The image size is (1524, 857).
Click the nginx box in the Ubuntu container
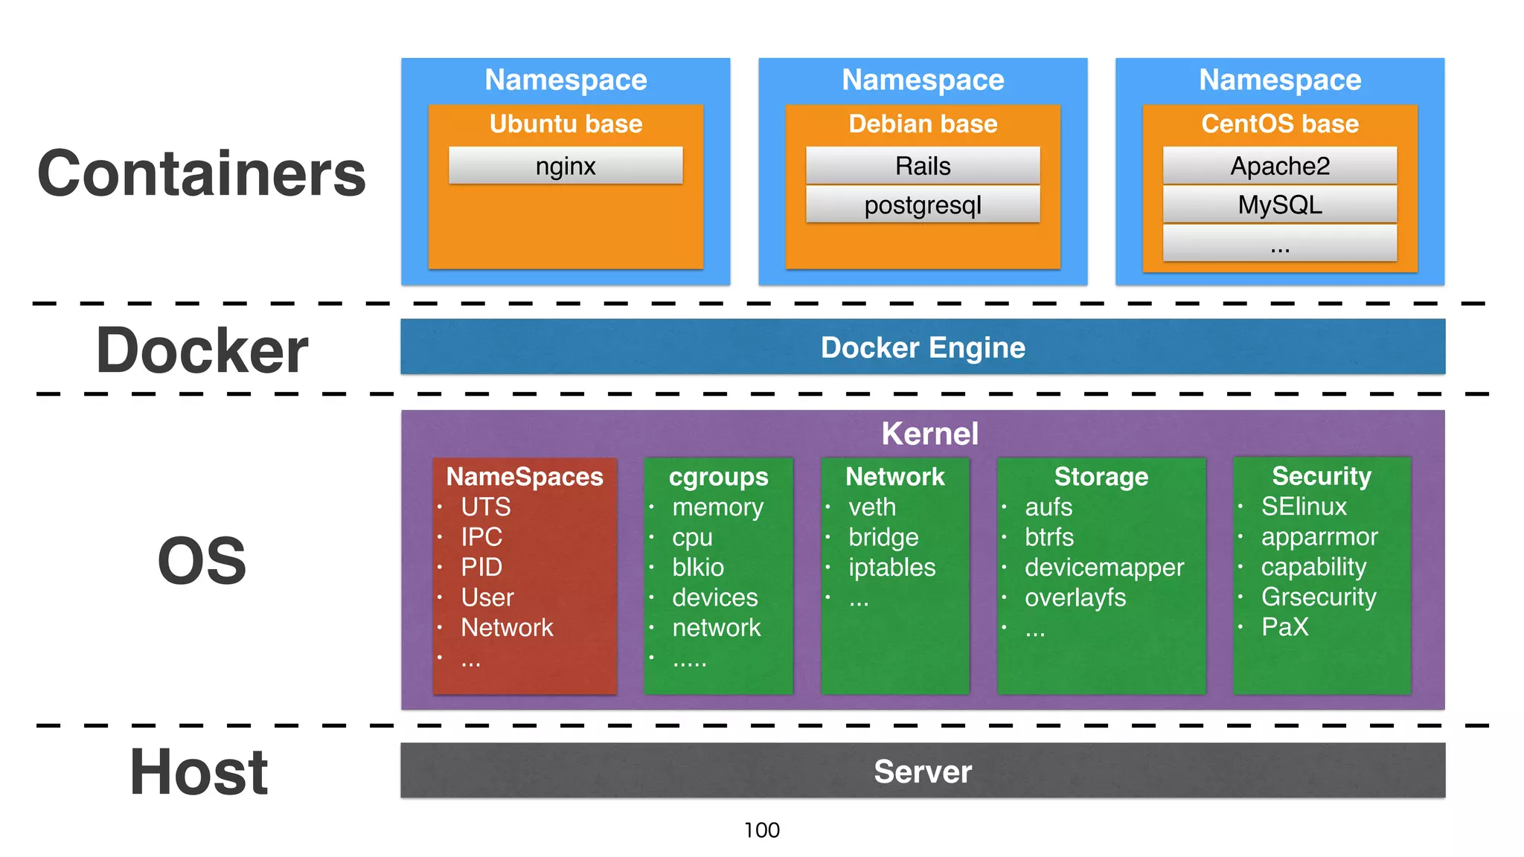pos(566,165)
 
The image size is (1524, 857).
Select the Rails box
pos(923,165)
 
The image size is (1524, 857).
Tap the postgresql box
pos(923,205)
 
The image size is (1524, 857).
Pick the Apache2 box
pos(1280,165)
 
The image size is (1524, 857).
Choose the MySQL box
pos(1280,205)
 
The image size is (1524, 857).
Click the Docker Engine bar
pos(923,347)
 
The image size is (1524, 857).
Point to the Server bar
pos(923,771)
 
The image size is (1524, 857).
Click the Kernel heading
pos(929,434)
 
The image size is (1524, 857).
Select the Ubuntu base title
pos(566,123)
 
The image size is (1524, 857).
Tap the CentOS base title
pos(1280,123)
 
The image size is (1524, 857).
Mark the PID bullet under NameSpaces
pos(481,568)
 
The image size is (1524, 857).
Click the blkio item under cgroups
pos(697,568)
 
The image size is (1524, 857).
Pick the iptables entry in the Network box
pos(891,568)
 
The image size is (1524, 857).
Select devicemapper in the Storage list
pos(1104,568)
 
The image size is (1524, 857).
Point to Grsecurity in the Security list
pos(1319,597)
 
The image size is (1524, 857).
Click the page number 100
pos(762,830)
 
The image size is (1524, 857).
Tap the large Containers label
pos(201,173)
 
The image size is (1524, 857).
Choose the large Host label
pos(199,772)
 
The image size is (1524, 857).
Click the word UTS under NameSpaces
pos(486,507)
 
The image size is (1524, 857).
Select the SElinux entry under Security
pos(1304,507)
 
